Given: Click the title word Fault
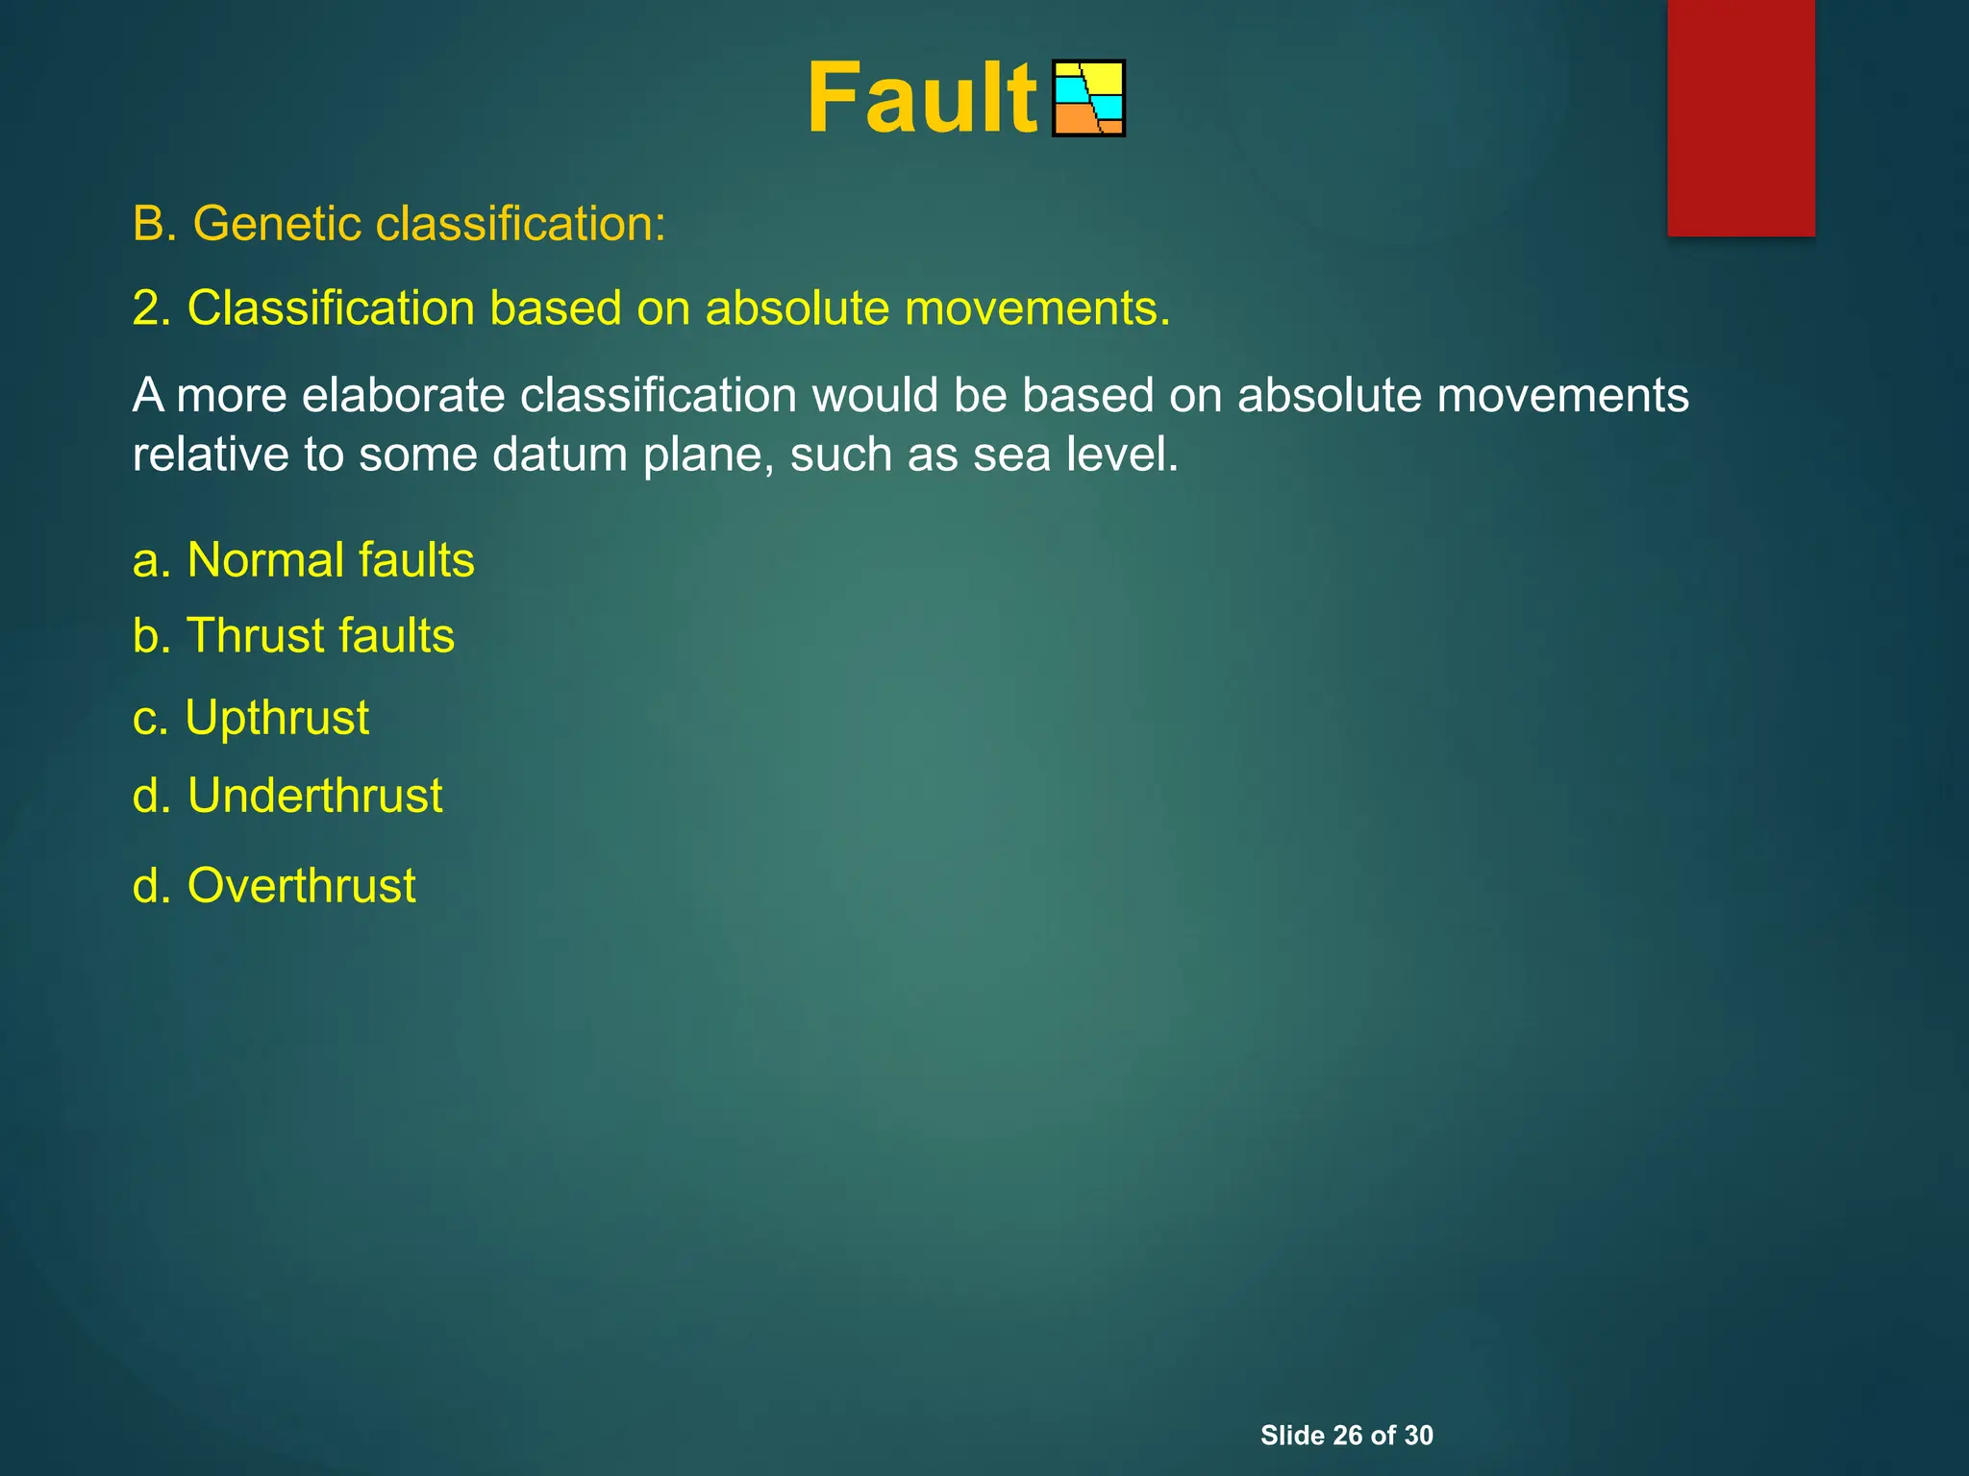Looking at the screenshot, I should [x=921, y=98].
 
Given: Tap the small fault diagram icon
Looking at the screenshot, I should [x=1088, y=98].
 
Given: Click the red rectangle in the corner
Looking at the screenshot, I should [x=1740, y=117].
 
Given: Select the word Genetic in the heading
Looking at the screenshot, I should [x=276, y=225].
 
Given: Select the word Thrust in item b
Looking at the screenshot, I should [x=255, y=636].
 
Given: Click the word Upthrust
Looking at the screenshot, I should [x=277, y=718].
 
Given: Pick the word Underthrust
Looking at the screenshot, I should [x=314, y=796].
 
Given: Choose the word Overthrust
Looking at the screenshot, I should [x=301, y=885].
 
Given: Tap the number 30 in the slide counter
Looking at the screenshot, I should [x=1418, y=1435].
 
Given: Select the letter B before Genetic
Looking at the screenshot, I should [x=149, y=225].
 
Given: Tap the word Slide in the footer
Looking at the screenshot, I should [x=1292, y=1435].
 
